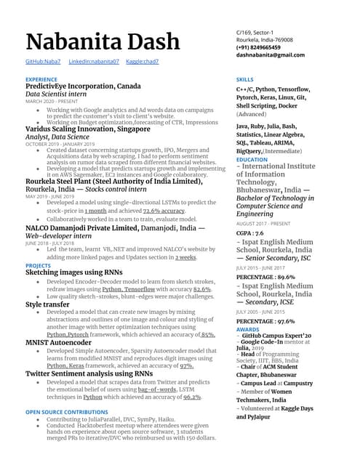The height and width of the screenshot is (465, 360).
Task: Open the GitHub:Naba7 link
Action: pos(43,62)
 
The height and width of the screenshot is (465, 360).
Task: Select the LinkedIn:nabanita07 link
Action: pos(94,62)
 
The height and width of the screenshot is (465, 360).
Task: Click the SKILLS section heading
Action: pos(245,78)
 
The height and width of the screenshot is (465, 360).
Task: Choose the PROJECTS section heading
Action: pos(38,266)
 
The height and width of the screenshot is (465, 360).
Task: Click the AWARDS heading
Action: pos(247,329)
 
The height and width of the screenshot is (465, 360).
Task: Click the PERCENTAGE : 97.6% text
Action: pos(265,320)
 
